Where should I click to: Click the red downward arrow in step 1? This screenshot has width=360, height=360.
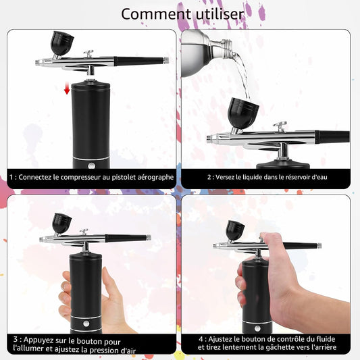click(67, 88)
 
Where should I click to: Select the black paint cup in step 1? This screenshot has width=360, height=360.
click(61, 43)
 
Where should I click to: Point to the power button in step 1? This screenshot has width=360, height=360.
click(91, 165)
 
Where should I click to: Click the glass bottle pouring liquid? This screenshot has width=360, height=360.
click(207, 53)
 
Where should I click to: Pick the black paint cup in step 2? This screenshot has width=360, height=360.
click(243, 113)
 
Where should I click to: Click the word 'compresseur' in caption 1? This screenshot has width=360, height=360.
click(85, 178)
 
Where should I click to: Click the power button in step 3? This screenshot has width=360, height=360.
click(86, 324)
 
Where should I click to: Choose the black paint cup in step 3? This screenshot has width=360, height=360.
click(61, 223)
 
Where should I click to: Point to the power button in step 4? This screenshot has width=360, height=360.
click(257, 328)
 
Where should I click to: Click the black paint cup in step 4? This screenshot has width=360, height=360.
click(235, 230)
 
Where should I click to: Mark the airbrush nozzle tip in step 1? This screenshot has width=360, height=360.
click(36, 62)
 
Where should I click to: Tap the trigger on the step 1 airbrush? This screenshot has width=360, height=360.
click(88, 53)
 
